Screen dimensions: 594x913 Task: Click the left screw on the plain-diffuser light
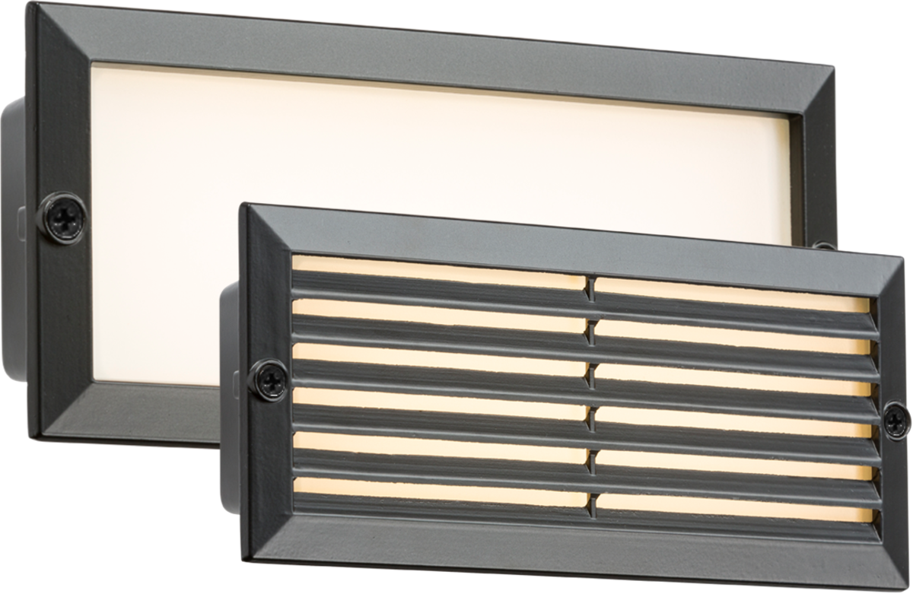(62, 218)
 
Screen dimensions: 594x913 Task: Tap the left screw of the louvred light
(269, 380)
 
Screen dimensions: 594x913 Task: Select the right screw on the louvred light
(896, 421)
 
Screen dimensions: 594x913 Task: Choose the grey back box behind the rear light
(14, 243)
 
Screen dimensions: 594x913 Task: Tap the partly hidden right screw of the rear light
(822, 246)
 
